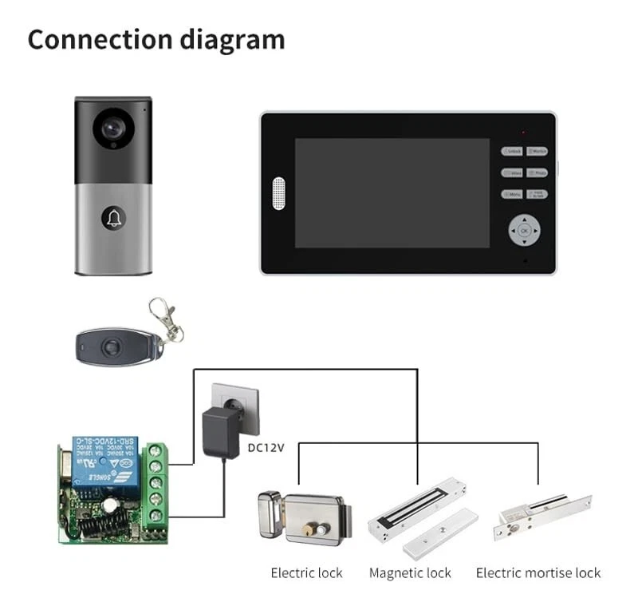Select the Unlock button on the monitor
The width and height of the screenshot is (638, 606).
pyautogui.click(x=512, y=151)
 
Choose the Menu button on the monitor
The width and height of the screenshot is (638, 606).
pyautogui.click(x=512, y=194)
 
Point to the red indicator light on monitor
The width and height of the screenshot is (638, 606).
pyautogui.click(x=524, y=132)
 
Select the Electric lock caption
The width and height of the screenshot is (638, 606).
pyautogui.click(x=306, y=573)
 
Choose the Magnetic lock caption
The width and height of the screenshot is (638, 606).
pyautogui.click(x=410, y=573)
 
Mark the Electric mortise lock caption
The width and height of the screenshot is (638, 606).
pyautogui.click(x=538, y=573)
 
